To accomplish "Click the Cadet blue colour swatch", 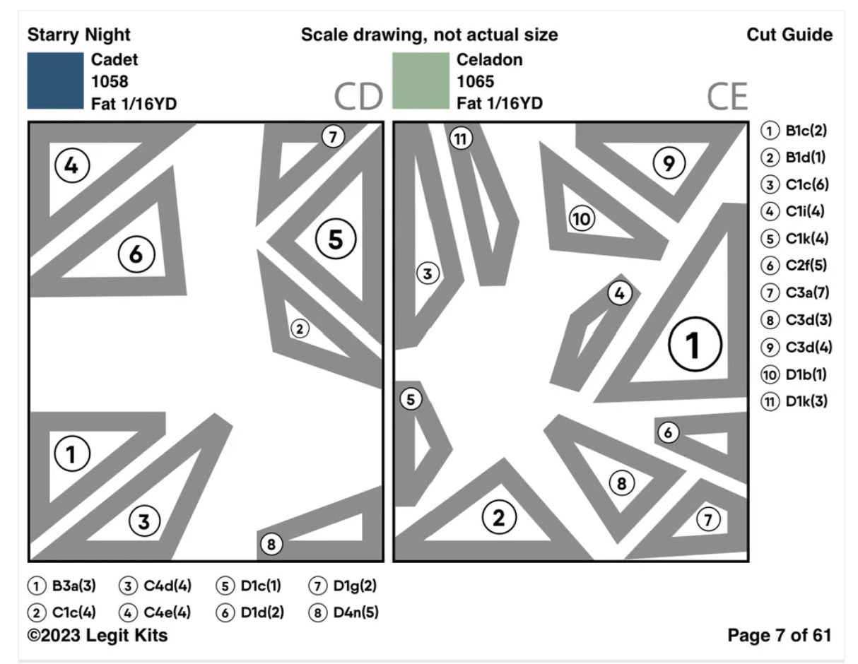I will point(55,81).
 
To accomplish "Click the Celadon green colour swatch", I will point(421,81).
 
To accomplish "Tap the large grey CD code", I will point(358,97).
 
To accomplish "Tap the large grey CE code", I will point(727,97).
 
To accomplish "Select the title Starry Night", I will point(78,35).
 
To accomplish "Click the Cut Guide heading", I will point(789,35).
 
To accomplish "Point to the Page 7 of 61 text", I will point(779,635).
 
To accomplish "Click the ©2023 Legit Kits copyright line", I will point(98,635).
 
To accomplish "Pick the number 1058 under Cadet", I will point(110,82).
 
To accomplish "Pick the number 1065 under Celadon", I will point(476,82).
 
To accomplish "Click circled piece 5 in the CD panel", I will point(336,239).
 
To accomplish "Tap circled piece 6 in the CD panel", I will point(136,254).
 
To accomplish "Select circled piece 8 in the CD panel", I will point(271,545).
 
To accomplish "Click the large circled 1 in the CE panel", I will point(694,345).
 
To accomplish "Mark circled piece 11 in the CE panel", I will point(461,139).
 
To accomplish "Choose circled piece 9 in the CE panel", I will point(668,163).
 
